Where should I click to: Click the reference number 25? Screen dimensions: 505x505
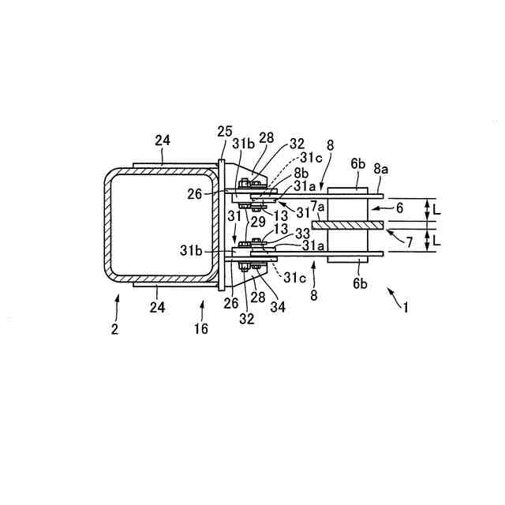click(x=224, y=132)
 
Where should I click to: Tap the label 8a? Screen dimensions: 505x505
click(x=380, y=169)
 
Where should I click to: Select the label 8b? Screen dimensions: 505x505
click(x=301, y=173)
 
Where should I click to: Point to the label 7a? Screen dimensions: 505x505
click(x=317, y=207)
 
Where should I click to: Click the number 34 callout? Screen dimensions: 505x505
click(x=278, y=307)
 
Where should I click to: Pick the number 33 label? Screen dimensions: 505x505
click(x=302, y=234)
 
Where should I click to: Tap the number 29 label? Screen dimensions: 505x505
click(x=258, y=222)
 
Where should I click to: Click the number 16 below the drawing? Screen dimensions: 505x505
click(x=201, y=329)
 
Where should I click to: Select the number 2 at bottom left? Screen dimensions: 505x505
click(x=114, y=329)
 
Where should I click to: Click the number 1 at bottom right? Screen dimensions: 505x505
click(x=406, y=308)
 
